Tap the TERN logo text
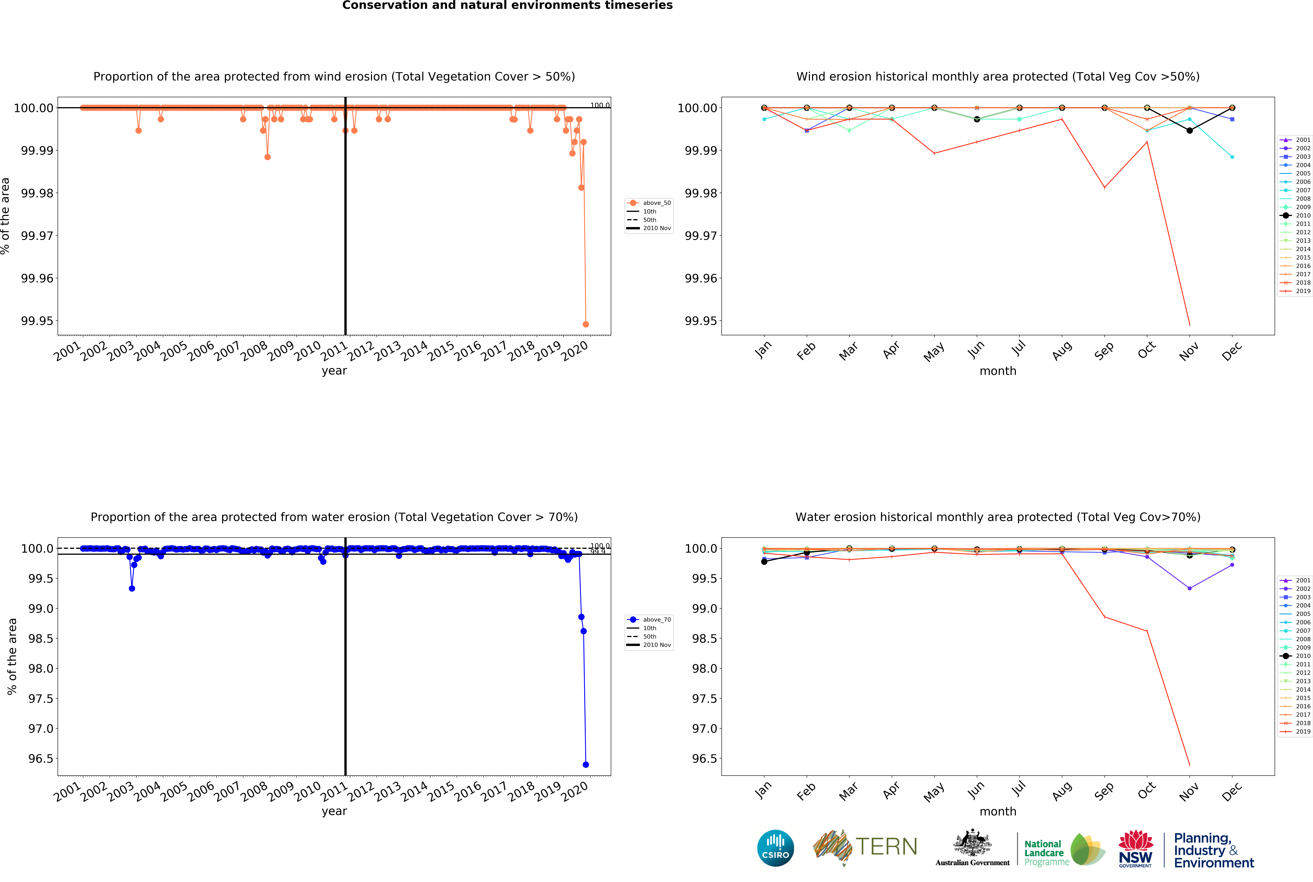(x=886, y=847)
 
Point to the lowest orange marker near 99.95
(x=586, y=324)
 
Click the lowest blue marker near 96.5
(x=586, y=764)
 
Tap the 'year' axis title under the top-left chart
(x=334, y=371)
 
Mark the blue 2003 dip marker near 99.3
(x=132, y=588)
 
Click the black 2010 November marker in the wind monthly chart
(x=1189, y=130)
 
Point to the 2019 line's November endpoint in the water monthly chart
(x=1189, y=764)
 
